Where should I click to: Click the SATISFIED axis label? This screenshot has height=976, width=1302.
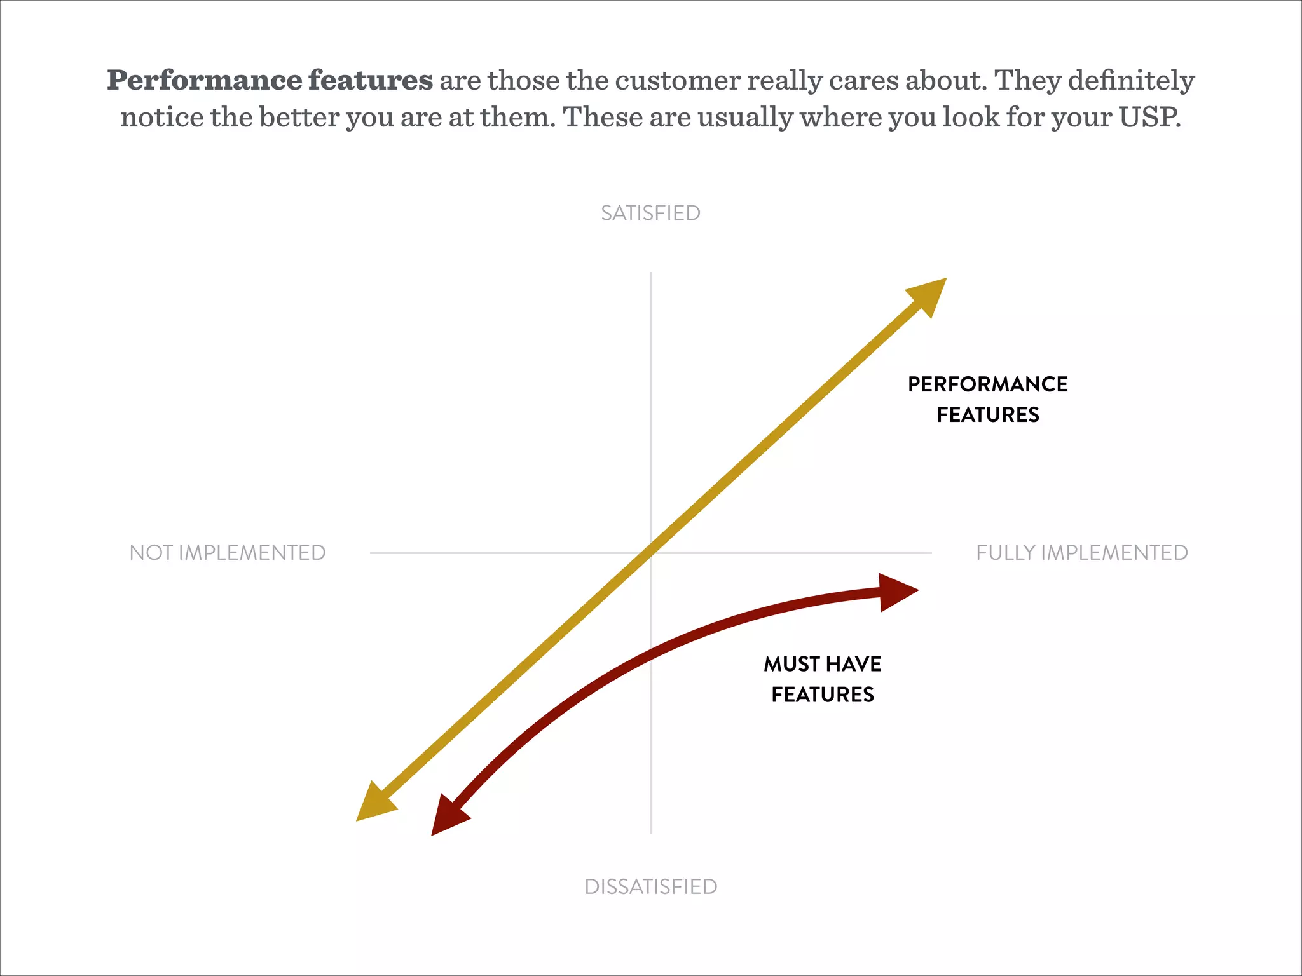coord(650,213)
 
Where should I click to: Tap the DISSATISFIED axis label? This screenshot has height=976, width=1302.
coord(650,886)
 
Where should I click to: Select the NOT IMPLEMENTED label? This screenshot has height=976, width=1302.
coord(228,553)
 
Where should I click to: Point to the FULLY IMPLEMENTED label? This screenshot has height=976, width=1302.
coord(1082,553)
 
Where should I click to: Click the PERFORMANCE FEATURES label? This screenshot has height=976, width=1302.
coord(987,399)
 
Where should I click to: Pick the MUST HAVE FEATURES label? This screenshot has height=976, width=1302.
coord(822,679)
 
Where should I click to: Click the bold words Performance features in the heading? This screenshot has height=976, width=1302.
coord(270,81)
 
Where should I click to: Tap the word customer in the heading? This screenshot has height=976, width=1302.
coord(678,81)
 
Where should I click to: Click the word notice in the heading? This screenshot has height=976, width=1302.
coord(161,118)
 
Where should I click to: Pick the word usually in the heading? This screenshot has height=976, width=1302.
coord(745,118)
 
